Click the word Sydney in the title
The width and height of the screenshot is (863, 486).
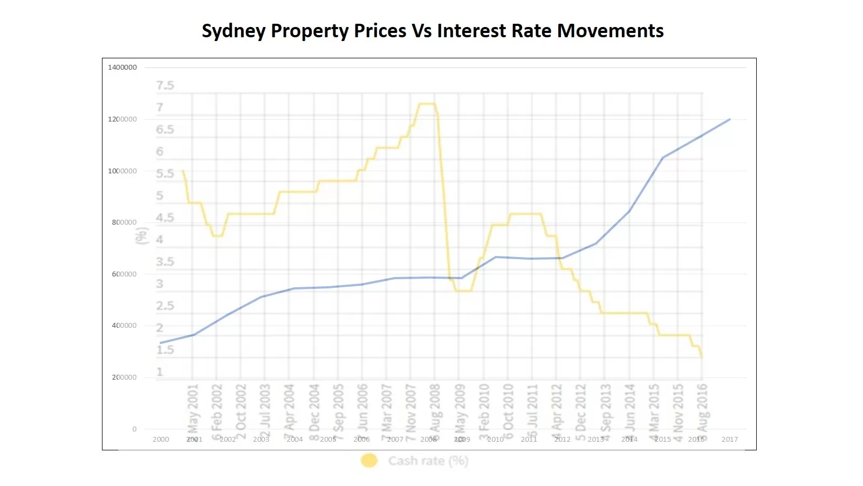tap(233, 31)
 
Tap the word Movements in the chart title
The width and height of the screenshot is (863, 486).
tap(610, 31)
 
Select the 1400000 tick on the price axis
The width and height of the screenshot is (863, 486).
tap(122, 67)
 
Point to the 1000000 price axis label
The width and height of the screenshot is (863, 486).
tap(122, 171)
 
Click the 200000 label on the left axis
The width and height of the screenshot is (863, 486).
tap(124, 377)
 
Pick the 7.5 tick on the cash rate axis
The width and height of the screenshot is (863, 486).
tap(165, 86)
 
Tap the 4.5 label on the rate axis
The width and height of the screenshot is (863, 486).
tap(165, 218)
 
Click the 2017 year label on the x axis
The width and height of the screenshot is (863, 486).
tap(729, 440)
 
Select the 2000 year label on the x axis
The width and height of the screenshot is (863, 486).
tap(161, 440)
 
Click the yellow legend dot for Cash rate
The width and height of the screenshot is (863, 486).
tap(369, 461)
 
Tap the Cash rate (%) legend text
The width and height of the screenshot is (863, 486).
tap(428, 461)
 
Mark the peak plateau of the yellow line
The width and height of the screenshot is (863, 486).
tap(427, 104)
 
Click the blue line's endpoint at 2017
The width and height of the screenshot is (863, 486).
tap(730, 119)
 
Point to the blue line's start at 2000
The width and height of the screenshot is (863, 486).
tap(161, 343)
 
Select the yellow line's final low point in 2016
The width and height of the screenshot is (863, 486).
tap(702, 357)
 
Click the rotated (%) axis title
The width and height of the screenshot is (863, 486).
tap(142, 236)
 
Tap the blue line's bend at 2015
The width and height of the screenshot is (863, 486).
tap(663, 158)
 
